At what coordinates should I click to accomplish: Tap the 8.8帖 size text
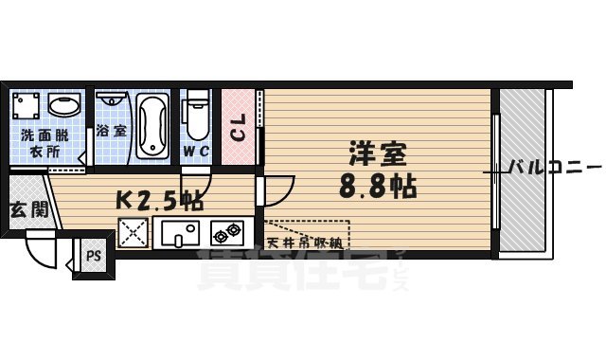378,185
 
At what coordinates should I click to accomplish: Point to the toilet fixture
195,115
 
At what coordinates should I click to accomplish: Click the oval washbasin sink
64,103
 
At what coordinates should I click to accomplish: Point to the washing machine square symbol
27,104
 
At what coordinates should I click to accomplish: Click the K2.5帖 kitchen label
158,201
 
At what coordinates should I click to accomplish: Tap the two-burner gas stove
228,232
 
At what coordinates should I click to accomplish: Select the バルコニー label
549,168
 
